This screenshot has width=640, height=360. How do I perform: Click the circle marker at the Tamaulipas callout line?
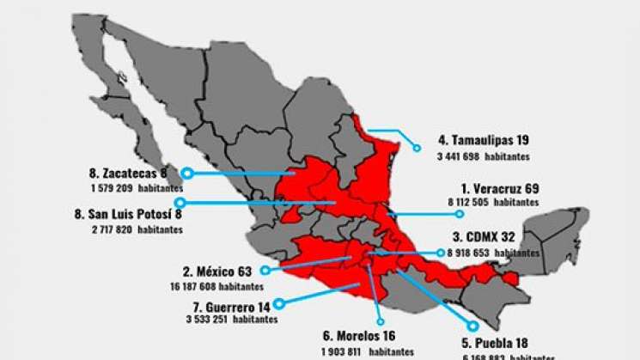(417, 149)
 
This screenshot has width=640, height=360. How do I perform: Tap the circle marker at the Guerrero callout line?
(279, 302)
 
